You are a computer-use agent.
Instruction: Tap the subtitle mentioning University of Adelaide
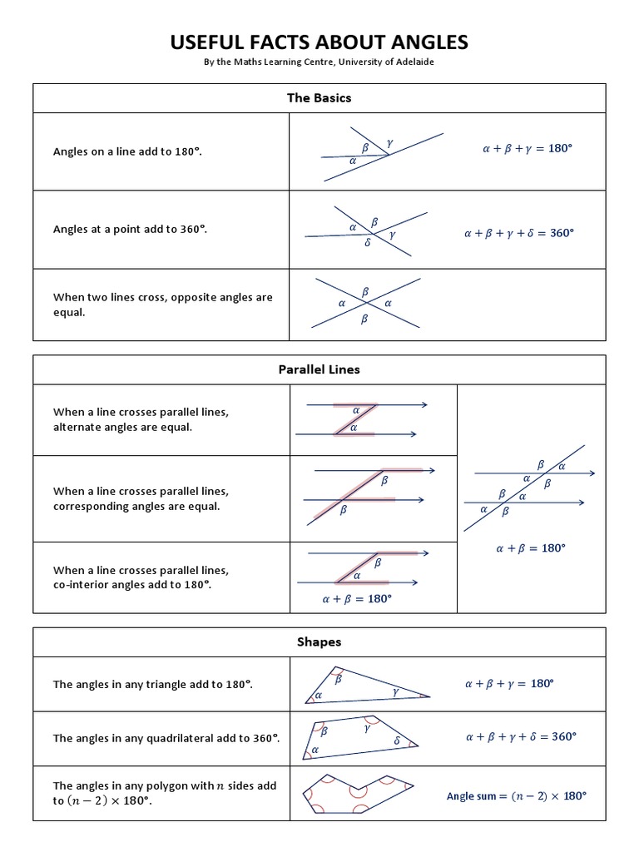coord(319,63)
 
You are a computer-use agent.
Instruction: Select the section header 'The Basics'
coord(319,98)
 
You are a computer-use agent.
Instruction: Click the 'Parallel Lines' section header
coord(319,369)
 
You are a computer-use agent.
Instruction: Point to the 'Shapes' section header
coord(319,641)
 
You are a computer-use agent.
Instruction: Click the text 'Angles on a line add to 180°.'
coord(128,151)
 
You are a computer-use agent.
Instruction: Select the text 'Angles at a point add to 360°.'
coord(130,229)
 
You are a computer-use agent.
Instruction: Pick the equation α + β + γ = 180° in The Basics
coord(528,149)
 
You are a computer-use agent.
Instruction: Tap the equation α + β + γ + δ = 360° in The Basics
coord(519,233)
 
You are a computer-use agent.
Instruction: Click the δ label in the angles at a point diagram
coord(367,243)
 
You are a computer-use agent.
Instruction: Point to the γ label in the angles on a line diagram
coord(389,144)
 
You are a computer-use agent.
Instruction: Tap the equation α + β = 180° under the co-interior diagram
coord(356,599)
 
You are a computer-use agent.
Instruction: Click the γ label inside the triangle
coord(395,691)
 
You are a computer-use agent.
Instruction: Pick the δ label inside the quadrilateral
coord(396,740)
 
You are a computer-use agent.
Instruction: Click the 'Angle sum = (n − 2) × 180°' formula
coord(517,795)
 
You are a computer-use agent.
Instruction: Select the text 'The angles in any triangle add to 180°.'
coord(153,684)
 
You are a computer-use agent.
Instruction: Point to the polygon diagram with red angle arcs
coord(359,797)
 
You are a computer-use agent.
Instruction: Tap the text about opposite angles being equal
coord(163,305)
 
